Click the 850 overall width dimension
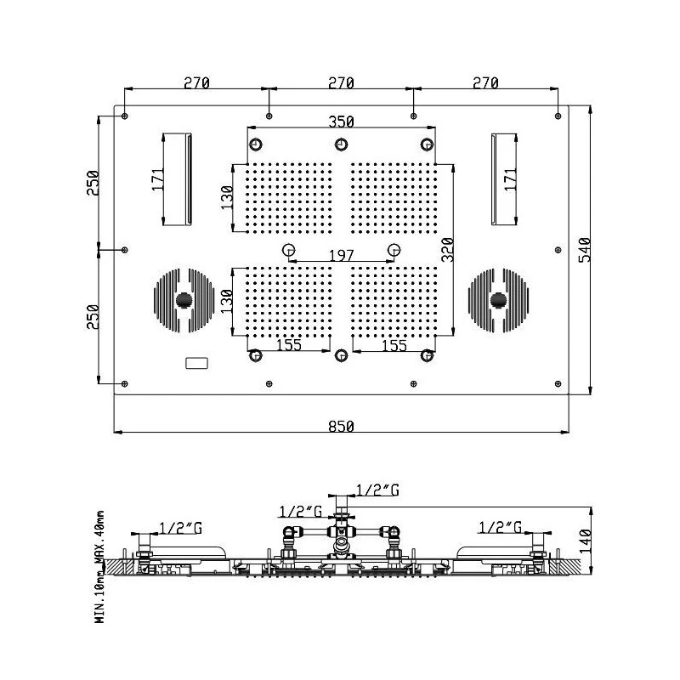click(340, 425)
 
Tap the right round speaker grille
click(498, 300)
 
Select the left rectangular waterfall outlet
click(178, 179)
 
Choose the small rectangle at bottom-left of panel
click(196, 364)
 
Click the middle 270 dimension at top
click(340, 82)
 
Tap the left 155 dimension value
click(290, 346)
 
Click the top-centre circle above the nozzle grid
click(341, 144)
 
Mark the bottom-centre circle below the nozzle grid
click(341, 355)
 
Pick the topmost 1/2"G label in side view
click(377, 490)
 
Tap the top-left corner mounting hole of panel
click(125, 115)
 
